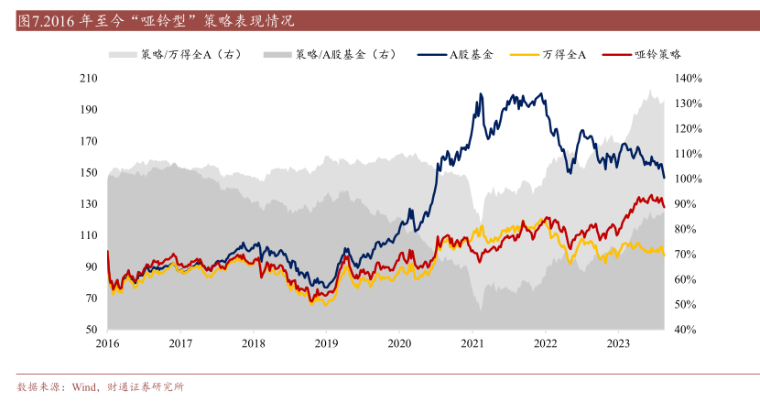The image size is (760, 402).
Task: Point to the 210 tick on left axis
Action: pyautogui.click(x=88, y=79)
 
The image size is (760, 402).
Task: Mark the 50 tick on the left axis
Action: pyautogui.click(x=91, y=330)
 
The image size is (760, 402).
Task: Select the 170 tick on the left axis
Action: pyautogui.click(x=88, y=141)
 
